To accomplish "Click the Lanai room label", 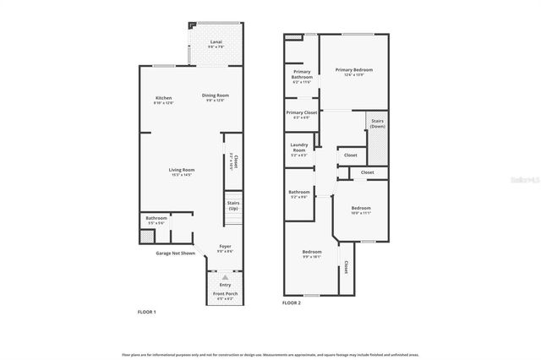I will pyautogui.click(x=217, y=42).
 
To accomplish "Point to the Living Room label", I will pyautogui.click(x=182, y=172).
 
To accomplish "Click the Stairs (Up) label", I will pyautogui.click(x=233, y=205).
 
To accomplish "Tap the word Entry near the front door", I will pyautogui.click(x=225, y=284).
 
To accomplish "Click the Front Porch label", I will pyautogui.click(x=225, y=295).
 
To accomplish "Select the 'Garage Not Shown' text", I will pyautogui.click(x=175, y=254).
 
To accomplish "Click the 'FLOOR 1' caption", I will pyautogui.click(x=147, y=312).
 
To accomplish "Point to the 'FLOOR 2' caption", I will pyautogui.click(x=292, y=303).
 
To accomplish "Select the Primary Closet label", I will pyautogui.click(x=301, y=114).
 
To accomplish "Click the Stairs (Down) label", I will pyautogui.click(x=378, y=123).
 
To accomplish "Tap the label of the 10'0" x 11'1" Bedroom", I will pyautogui.click(x=361, y=210).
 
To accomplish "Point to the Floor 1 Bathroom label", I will pyautogui.click(x=156, y=220).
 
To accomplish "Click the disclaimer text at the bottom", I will pyautogui.click(x=270, y=355).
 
